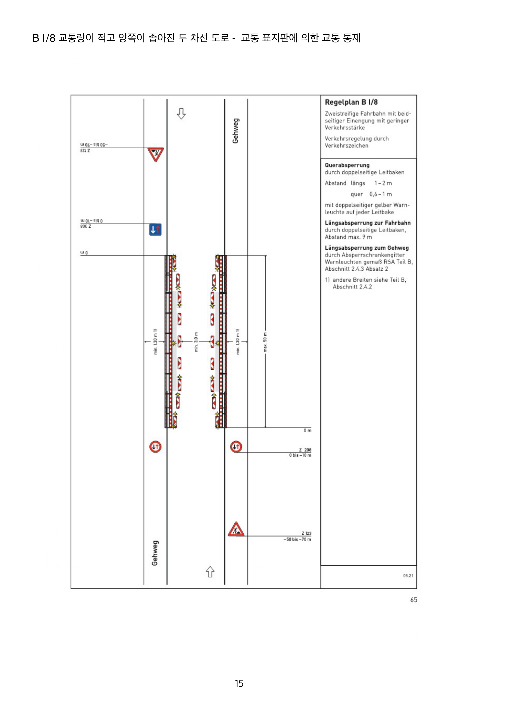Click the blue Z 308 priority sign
[x=155, y=229]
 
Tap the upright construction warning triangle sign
[x=236, y=529]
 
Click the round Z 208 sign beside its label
[x=236, y=447]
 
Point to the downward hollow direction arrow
[x=181, y=113]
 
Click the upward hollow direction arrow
[x=210, y=572]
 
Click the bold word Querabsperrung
[x=347, y=165]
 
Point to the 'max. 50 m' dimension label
[x=265, y=342]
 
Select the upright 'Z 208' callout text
[x=305, y=450]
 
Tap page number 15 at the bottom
[x=239, y=683]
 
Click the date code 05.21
[x=408, y=576]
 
